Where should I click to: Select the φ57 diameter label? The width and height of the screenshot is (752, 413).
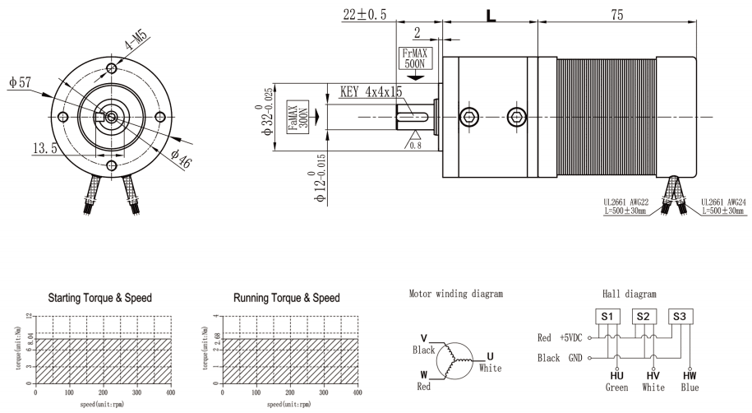(x=19, y=84)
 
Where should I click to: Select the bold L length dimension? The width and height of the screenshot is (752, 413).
(x=491, y=15)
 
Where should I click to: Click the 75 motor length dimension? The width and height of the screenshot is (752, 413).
(x=616, y=15)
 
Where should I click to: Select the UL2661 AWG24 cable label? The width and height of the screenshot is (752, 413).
(x=724, y=205)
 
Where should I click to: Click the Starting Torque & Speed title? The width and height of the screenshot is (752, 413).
(x=100, y=296)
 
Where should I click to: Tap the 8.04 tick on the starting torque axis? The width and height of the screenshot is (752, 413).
(x=30, y=336)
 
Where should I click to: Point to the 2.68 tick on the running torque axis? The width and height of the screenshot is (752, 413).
(x=215, y=336)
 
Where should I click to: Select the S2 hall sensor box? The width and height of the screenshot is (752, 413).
(x=644, y=316)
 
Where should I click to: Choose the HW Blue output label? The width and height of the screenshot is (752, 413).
(x=689, y=380)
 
